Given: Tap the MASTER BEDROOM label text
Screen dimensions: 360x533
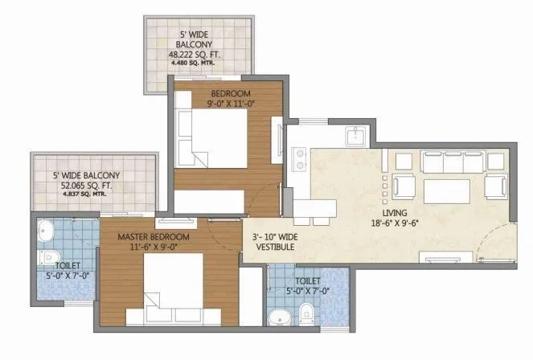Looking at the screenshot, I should coord(153,237).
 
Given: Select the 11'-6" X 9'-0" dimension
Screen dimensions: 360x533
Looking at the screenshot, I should coord(153,248).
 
